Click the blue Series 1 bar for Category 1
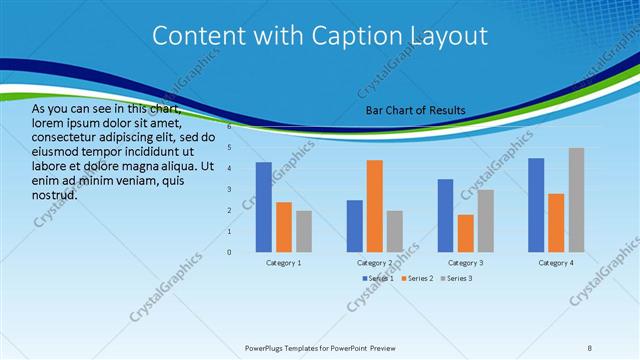(264, 207)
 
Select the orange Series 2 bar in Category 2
(374, 206)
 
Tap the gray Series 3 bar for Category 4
(576, 200)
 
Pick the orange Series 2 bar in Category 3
(465, 233)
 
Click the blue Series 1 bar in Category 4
(536, 205)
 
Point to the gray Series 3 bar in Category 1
(303, 231)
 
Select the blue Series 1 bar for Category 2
(354, 226)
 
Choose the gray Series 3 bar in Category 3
(485, 220)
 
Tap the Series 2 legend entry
(417, 277)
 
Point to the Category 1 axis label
(284, 262)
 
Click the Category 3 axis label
(465, 262)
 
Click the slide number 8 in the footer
(590, 347)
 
